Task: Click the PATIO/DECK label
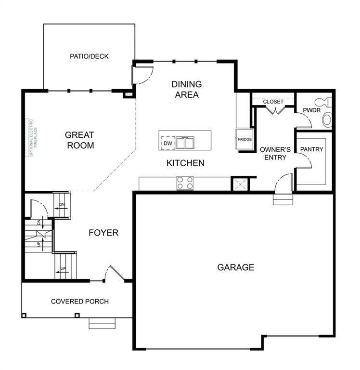[x=89, y=56]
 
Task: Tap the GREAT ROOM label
[x=79, y=140]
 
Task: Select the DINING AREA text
[x=187, y=89]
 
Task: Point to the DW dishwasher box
[x=167, y=143]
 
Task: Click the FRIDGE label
[x=244, y=140]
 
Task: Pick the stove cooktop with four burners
[x=185, y=183]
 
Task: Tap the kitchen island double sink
[x=184, y=143]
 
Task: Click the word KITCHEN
[x=185, y=163]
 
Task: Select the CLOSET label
[x=273, y=102]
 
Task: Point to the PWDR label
[x=309, y=111]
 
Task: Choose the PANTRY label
[x=312, y=149]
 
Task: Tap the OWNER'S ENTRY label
[x=273, y=153]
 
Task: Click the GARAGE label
[x=235, y=267]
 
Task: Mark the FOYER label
[x=103, y=233]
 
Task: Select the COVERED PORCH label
[x=80, y=302]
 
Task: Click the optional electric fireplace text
[x=30, y=137]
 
